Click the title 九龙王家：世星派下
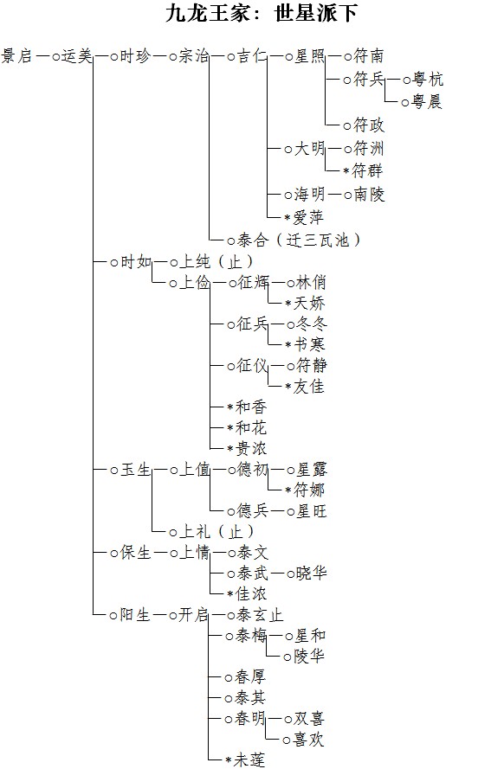click(x=262, y=13)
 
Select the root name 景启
click(x=16, y=56)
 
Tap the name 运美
click(x=77, y=56)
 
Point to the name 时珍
click(x=135, y=56)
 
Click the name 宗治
click(x=193, y=56)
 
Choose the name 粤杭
click(x=428, y=80)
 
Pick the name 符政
click(x=369, y=125)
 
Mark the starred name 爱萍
click(x=308, y=217)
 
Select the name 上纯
click(x=195, y=262)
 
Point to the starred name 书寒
click(x=309, y=345)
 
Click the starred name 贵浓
click(x=251, y=448)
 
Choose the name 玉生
click(x=135, y=470)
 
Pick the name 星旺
click(x=311, y=511)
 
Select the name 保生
click(x=135, y=553)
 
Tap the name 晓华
click(x=311, y=574)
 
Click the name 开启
click(x=193, y=614)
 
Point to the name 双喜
click(x=309, y=719)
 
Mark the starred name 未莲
click(x=249, y=759)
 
